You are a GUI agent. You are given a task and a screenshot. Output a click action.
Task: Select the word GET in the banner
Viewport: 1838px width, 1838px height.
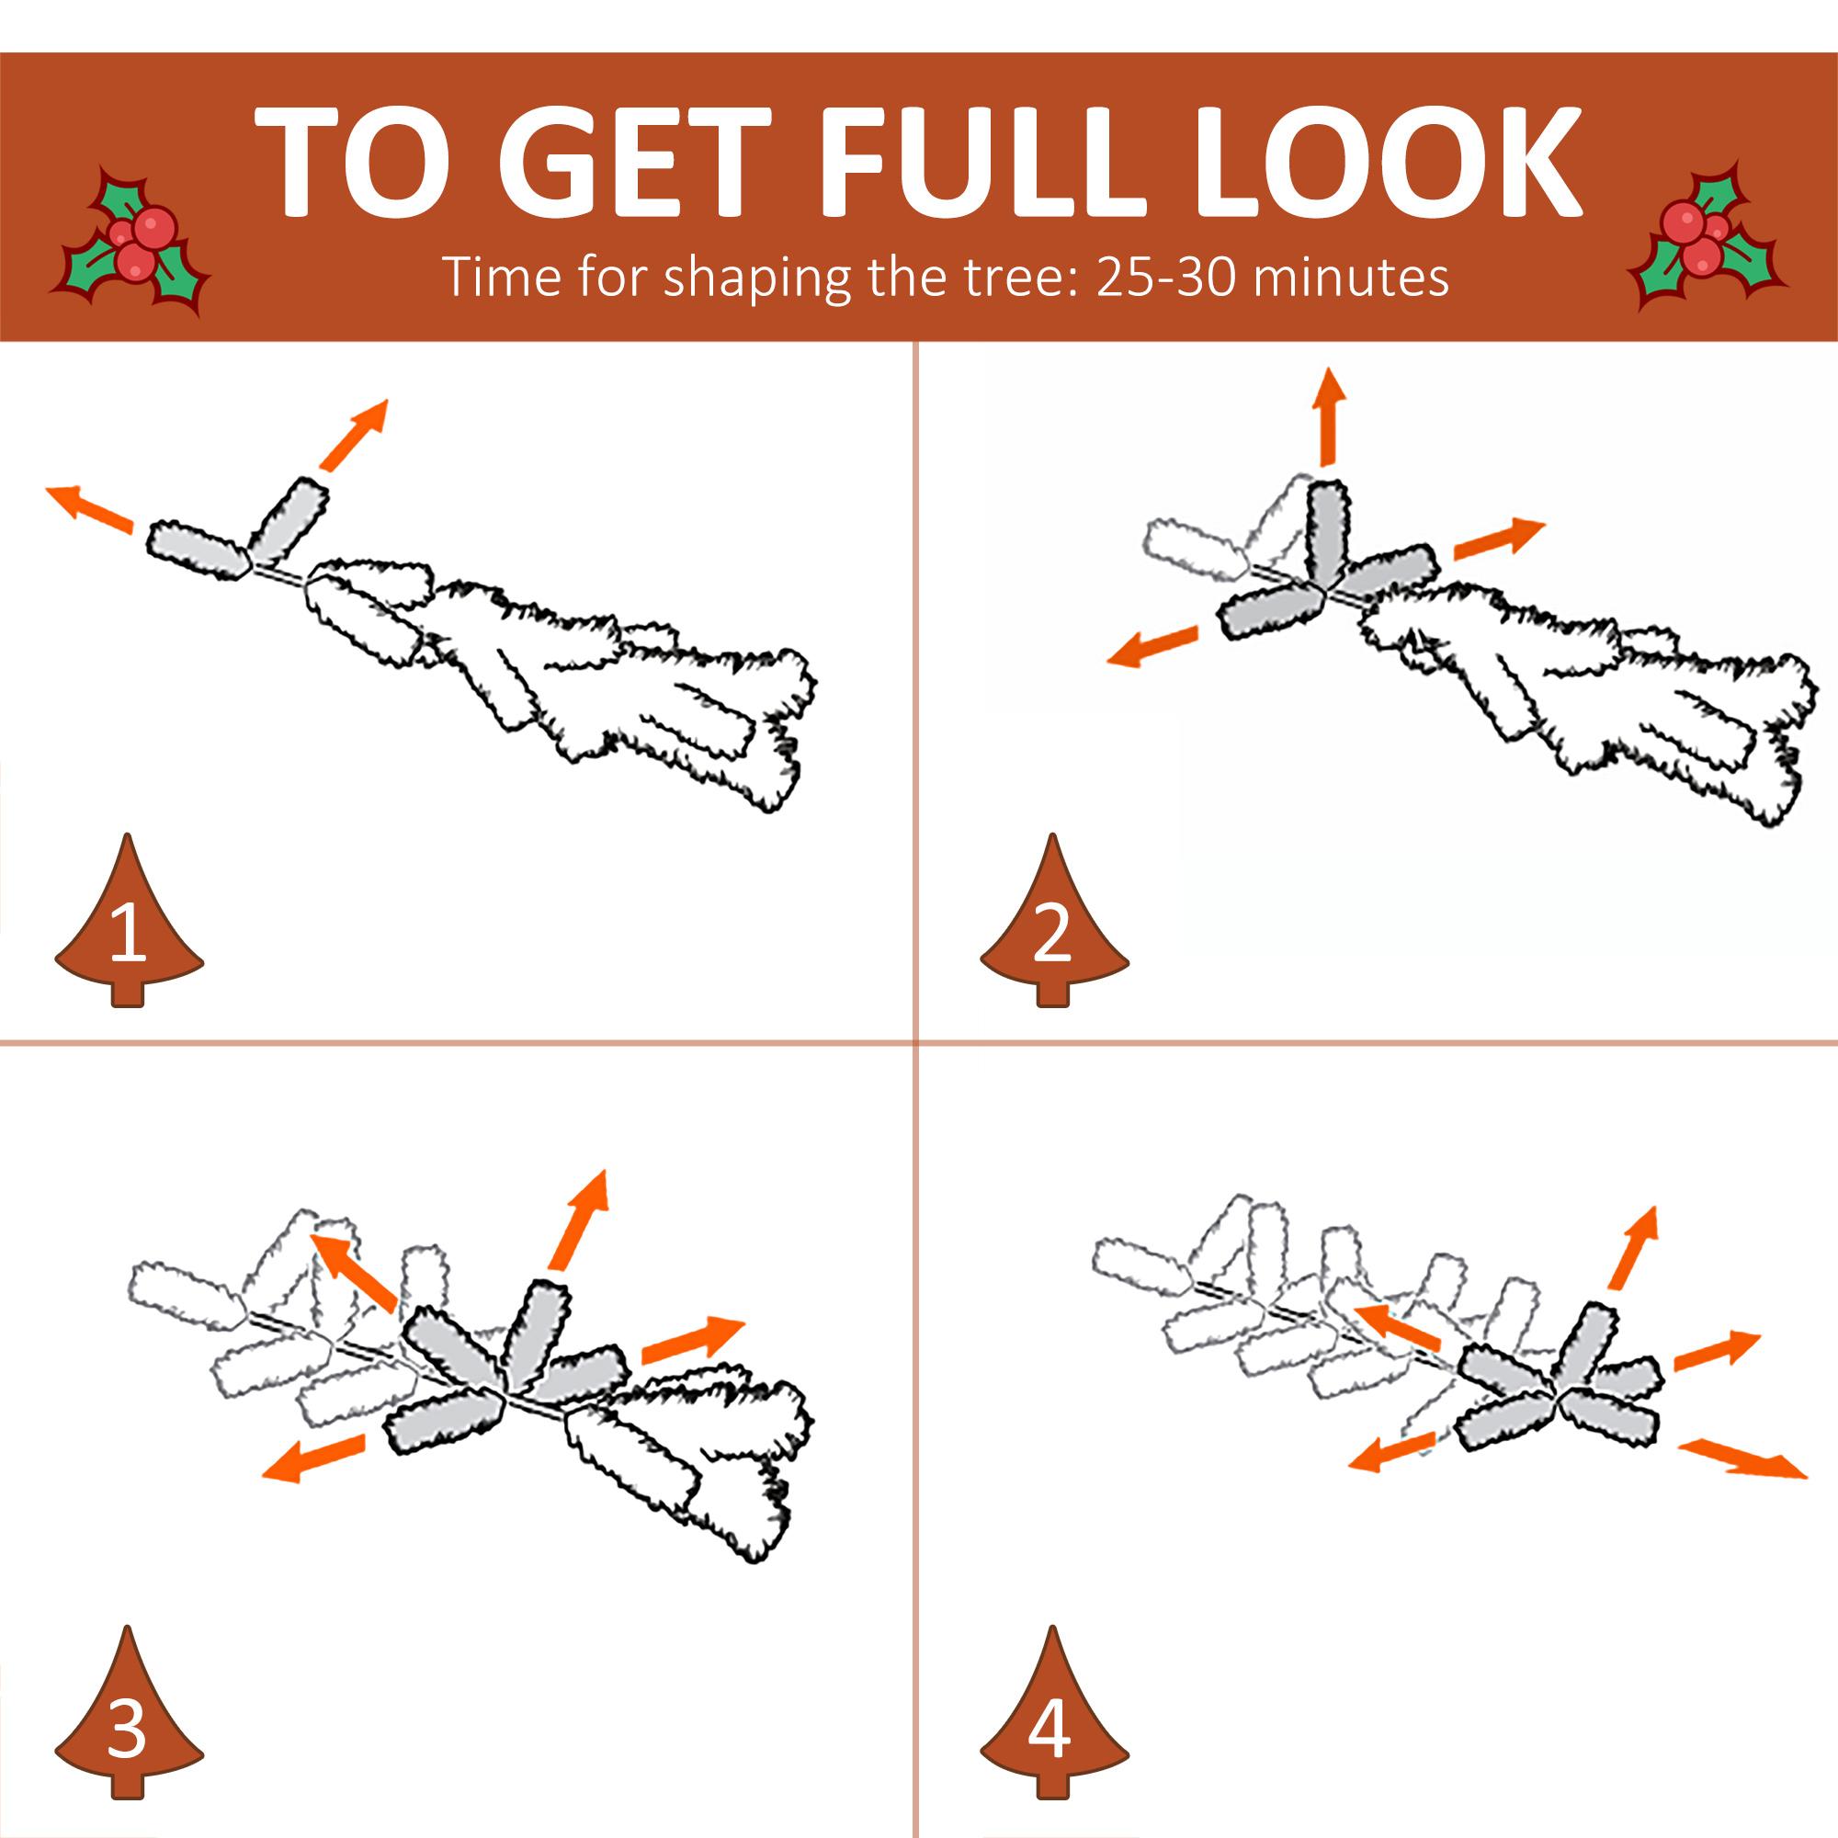click(633, 161)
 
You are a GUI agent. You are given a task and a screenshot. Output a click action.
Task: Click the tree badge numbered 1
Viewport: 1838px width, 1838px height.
click(129, 920)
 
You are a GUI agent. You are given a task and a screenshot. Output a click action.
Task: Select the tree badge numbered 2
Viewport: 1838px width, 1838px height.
click(1054, 920)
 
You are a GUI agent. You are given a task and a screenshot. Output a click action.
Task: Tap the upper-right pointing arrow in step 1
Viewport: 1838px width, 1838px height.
click(354, 435)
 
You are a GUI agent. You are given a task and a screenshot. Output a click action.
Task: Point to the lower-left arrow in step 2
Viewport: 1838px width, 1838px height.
click(1152, 646)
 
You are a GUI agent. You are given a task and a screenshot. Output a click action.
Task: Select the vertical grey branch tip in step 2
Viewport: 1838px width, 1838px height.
click(1328, 538)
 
